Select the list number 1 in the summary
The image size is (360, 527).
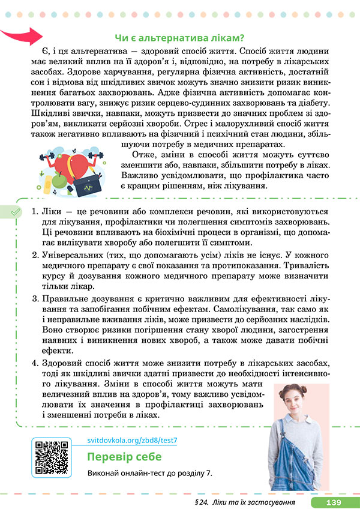click(35, 212)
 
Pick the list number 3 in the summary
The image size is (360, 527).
click(35, 299)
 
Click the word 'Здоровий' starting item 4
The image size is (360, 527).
click(64, 364)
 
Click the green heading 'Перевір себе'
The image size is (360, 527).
click(124, 457)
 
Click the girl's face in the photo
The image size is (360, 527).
click(298, 390)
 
